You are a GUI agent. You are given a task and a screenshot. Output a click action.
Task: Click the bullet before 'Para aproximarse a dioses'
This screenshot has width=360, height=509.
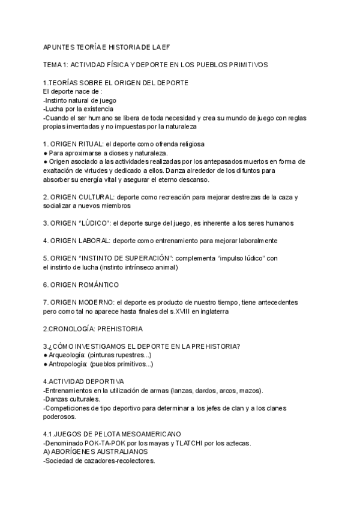tap(46, 153)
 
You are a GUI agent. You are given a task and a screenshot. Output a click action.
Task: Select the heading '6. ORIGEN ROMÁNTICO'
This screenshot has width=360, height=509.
tap(81, 285)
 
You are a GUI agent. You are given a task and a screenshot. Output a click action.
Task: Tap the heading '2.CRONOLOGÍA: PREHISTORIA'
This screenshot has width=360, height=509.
tap(92, 329)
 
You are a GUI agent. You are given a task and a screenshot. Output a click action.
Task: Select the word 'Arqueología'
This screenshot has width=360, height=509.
tap(68, 355)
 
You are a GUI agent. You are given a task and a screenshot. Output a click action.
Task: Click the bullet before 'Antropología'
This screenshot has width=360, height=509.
tap(46, 364)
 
